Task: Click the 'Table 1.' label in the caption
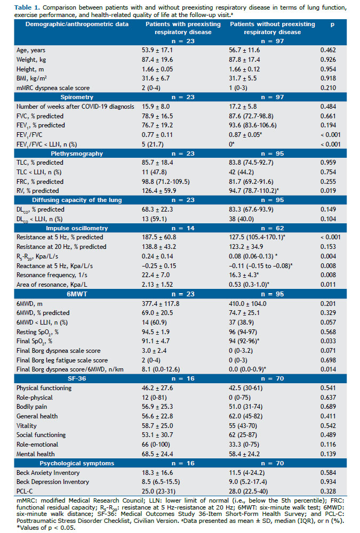pyautogui.click(x=27, y=7)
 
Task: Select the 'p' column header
pyautogui.click(x=332, y=24)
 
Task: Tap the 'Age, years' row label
pyautogui.click(x=31, y=50)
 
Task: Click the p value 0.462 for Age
pyautogui.click(x=328, y=50)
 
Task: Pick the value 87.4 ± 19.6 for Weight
pyautogui.click(x=157, y=60)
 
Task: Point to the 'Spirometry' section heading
pyautogui.click(x=77, y=97)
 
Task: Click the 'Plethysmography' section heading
pyautogui.click(x=77, y=154)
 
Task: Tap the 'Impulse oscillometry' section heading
pyautogui.click(x=77, y=228)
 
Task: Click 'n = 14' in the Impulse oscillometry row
pyautogui.click(x=183, y=228)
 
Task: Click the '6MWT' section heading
pyautogui.click(x=77, y=294)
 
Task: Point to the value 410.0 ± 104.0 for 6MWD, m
pyautogui.click(x=247, y=304)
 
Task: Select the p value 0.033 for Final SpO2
pyautogui.click(x=328, y=341)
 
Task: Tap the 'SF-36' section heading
pyautogui.click(x=77, y=378)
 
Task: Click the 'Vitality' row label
pyautogui.click(x=27, y=425)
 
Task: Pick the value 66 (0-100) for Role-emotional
pyautogui.click(x=156, y=445)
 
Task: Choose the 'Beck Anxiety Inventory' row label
pyautogui.click(x=48, y=472)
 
